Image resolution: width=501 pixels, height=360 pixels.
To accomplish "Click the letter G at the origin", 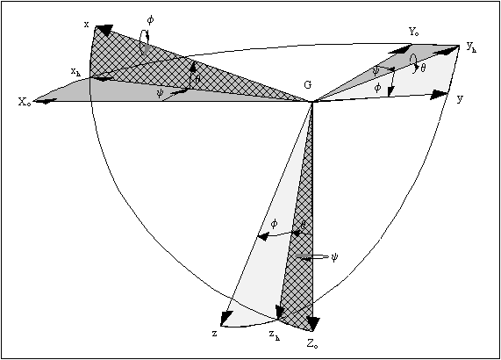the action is coord(307,85).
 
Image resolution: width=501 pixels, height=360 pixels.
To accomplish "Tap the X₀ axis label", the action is coord(25,103).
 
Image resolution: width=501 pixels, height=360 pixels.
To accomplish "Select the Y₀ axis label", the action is coord(414,32).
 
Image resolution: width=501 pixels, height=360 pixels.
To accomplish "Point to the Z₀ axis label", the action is coord(312,344).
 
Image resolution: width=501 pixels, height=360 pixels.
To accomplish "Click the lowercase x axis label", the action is coord(86,25).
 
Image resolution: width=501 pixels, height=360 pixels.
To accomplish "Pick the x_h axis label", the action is coord(75,72).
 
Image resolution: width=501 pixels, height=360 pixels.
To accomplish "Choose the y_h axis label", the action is coord(471,47).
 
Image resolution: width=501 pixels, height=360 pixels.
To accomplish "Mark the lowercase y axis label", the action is coord(460,99).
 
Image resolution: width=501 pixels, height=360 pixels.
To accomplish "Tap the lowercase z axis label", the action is coord(214,334).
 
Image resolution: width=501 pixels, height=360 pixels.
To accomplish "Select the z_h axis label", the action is coord(274,335).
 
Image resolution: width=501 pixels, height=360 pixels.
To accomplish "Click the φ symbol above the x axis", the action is coord(150,20).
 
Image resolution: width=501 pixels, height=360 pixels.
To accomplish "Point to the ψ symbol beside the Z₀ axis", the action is coord(334,257).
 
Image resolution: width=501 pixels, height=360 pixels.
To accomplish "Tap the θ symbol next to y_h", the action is coord(423,68).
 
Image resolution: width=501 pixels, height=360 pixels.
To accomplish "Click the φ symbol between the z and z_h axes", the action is coord(274,224).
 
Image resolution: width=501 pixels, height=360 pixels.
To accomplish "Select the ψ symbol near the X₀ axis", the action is coord(160,93).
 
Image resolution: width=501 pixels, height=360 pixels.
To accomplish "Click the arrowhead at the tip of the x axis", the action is coord(104,29).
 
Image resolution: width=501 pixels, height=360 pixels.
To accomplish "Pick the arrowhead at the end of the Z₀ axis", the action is coord(312,323).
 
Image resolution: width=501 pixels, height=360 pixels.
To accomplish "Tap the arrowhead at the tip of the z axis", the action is coord(225,319).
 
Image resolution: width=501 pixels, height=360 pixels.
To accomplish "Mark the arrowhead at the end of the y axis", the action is coord(440,95).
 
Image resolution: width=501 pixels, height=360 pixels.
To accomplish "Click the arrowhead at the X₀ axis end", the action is coord(45,101).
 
